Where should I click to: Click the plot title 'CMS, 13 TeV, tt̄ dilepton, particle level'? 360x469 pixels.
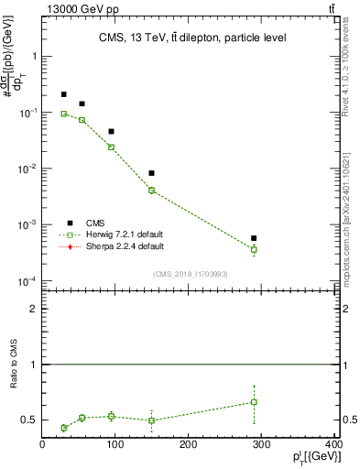click(191, 38)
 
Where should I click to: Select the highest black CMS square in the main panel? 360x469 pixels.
click(63, 94)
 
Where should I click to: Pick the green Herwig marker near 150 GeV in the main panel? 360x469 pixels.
click(151, 191)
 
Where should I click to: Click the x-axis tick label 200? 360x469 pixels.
click(188, 445)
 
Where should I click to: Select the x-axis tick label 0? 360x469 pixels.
click(42, 445)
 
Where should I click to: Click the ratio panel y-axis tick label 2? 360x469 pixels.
click(33, 310)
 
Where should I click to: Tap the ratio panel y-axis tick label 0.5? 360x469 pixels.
click(28, 420)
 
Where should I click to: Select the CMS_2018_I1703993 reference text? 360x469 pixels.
click(190, 274)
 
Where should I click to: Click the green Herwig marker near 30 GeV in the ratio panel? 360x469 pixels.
click(63, 428)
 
